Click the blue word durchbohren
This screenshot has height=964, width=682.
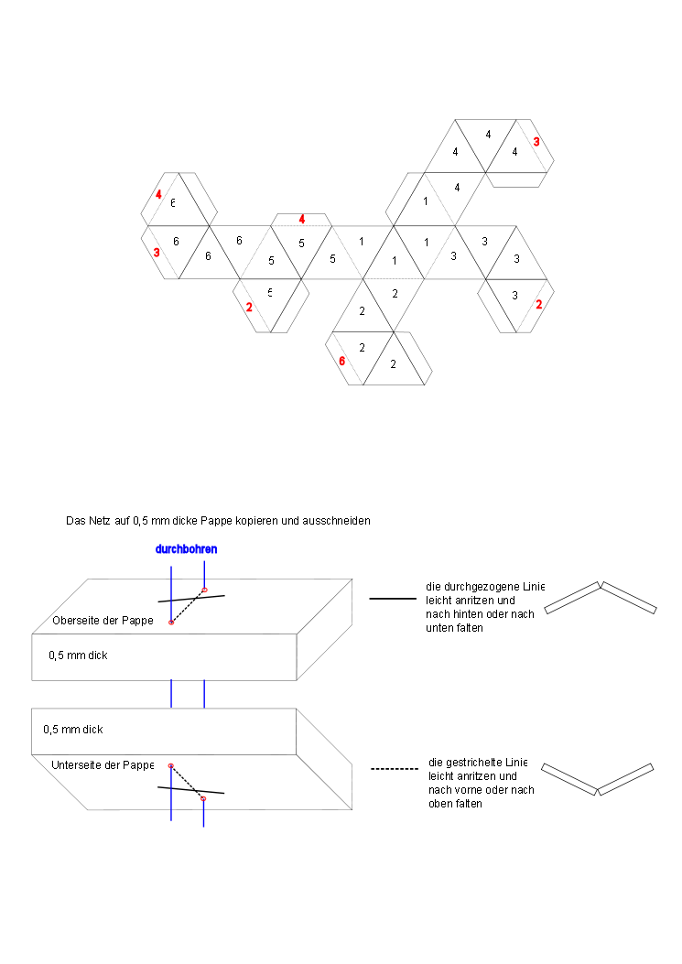(x=186, y=550)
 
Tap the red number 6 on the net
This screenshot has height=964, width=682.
(x=342, y=361)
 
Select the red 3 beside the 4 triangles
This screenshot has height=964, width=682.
(x=536, y=142)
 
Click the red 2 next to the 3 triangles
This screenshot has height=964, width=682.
(x=538, y=305)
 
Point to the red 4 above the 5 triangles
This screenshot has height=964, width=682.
(x=301, y=219)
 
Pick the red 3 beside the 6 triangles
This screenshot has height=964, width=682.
(x=157, y=252)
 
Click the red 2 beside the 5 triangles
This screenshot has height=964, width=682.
(x=249, y=307)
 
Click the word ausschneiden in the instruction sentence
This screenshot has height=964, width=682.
(x=339, y=520)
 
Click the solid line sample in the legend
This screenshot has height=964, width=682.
(x=392, y=599)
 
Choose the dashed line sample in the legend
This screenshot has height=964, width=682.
(x=394, y=769)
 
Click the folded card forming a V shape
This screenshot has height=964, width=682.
(x=597, y=779)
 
